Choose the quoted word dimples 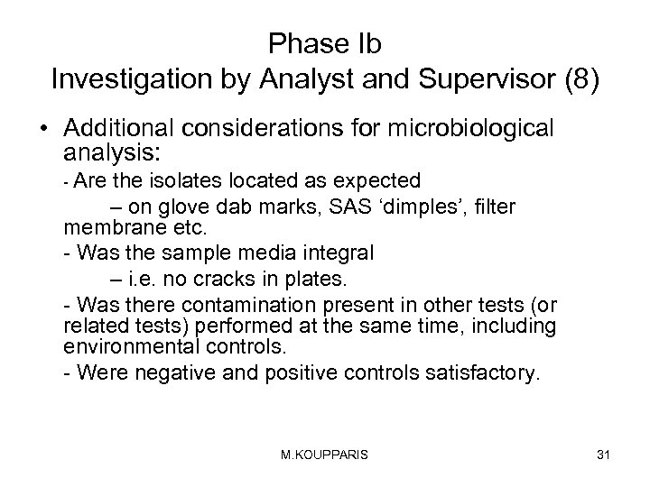[415, 207]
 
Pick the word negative [168, 372]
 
